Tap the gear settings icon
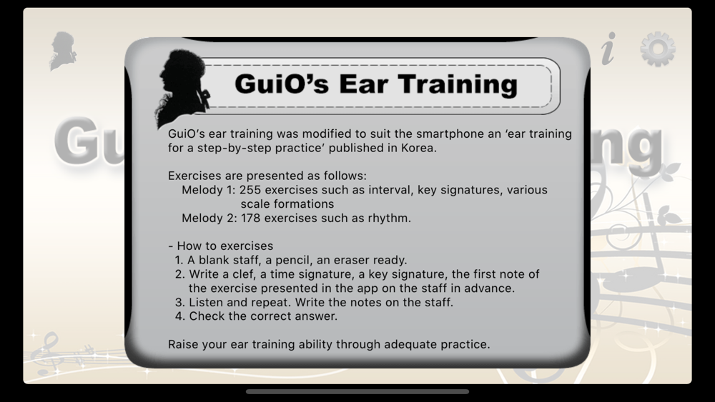[x=658, y=49]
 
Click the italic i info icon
[x=608, y=49]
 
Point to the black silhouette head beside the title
[x=182, y=87]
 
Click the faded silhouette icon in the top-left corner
[x=63, y=51]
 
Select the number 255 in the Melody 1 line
[x=250, y=190]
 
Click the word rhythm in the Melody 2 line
[x=389, y=218]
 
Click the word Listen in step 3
[x=206, y=302]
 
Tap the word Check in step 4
[x=207, y=316]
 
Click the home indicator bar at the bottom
[x=357, y=391]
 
